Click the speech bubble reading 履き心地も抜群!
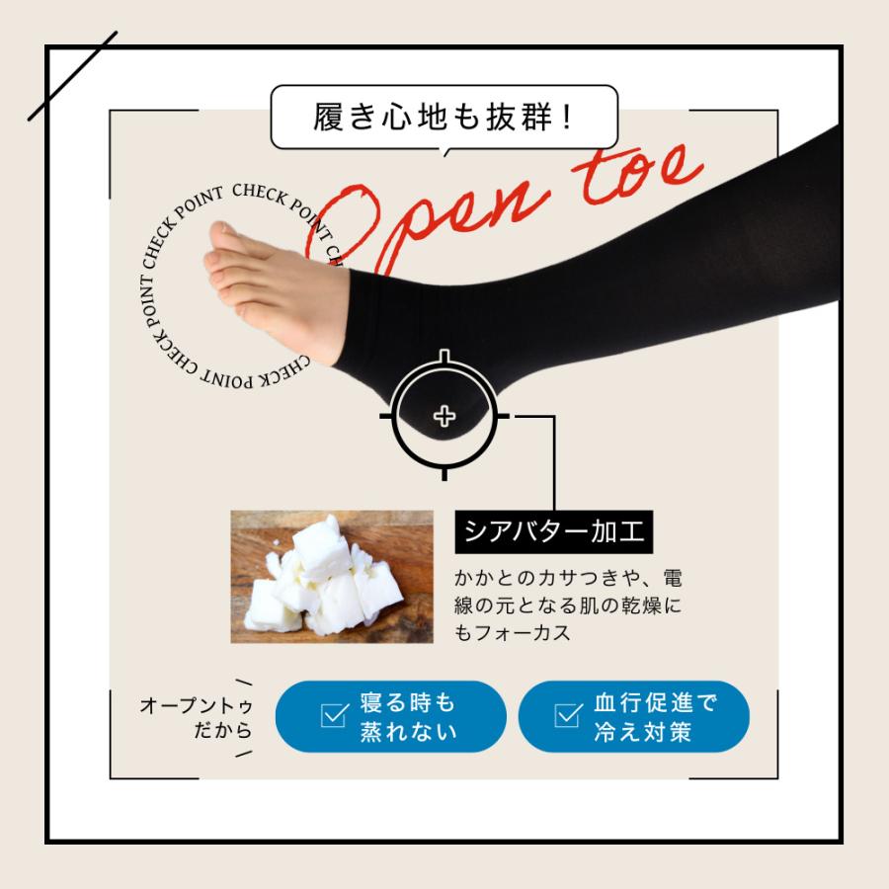pos(444,118)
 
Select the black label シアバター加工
pos(554,533)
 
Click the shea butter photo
pos(332,576)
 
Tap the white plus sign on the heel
pos(444,416)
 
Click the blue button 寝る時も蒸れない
pos(390,717)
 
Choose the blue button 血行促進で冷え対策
pos(633,717)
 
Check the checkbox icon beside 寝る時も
pos(336,716)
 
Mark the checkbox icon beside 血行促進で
pos(568,716)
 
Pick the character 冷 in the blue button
pos(606,732)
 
